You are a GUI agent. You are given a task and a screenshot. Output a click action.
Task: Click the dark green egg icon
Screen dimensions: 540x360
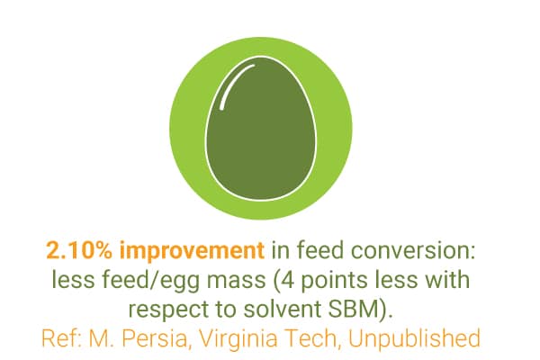point(261,128)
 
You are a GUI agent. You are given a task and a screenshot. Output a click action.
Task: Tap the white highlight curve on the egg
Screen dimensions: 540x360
point(233,85)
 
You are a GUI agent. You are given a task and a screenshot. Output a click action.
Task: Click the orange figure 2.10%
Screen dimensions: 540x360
point(79,250)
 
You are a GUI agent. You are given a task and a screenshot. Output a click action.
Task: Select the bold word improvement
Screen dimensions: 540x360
point(192,250)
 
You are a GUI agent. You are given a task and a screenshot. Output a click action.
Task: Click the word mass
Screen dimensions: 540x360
point(236,280)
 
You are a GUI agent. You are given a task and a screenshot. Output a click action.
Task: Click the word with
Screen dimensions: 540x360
point(447,279)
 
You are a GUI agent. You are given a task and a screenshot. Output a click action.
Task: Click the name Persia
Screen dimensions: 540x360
point(155,338)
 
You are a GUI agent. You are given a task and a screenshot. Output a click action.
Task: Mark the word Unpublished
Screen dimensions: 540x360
point(414,339)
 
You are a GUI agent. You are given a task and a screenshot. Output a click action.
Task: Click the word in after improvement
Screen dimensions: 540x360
point(280,250)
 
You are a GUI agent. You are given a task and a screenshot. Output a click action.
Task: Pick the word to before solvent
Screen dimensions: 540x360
point(227,310)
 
